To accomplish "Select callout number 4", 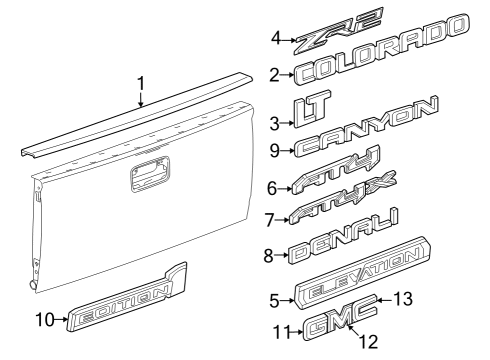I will click(x=276, y=39).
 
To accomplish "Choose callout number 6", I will click(x=272, y=187).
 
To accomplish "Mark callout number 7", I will click(x=270, y=218).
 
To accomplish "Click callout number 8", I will click(x=269, y=255).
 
